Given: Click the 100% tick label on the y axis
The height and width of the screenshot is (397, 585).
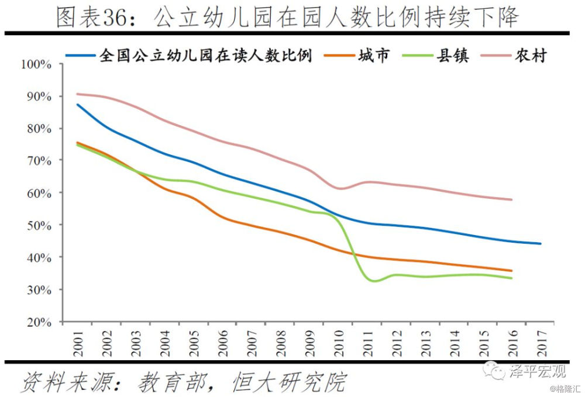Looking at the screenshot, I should tap(36, 64).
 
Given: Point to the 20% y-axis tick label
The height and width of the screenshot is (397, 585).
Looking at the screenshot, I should tap(39, 322).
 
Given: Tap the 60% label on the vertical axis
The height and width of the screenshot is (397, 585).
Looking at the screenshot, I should tap(39, 192).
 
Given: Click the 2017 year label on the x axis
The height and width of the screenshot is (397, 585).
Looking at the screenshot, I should tap(541, 346).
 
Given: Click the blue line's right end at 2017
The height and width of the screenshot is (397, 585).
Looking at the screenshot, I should tap(540, 243).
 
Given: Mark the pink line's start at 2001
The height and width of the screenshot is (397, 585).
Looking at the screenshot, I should tap(78, 94).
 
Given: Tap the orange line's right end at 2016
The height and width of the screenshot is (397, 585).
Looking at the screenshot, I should tap(512, 271).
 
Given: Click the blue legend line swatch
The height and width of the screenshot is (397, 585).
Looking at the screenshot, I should tap(80, 56).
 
